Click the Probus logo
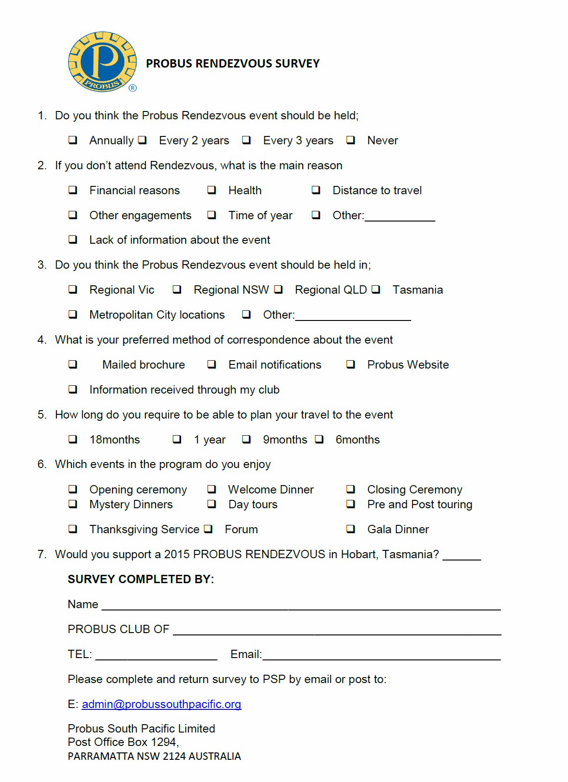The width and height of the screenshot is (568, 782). click(x=102, y=62)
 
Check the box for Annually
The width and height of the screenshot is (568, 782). click(x=73, y=140)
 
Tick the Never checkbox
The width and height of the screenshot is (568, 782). click(x=351, y=140)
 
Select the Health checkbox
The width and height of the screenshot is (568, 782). click(x=212, y=190)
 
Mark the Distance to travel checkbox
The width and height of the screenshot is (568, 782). click(x=316, y=190)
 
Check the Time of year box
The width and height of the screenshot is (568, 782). click(x=212, y=215)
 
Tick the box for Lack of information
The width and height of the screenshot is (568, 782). click(x=73, y=239)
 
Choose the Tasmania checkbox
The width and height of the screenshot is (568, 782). click(x=376, y=289)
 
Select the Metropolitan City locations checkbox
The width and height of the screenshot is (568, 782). click(x=73, y=314)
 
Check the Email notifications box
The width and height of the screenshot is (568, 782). click(x=212, y=364)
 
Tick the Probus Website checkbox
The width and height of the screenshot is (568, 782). click(x=351, y=364)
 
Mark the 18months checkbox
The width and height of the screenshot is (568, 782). click(x=73, y=439)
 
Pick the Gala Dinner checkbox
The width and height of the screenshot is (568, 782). click(x=351, y=529)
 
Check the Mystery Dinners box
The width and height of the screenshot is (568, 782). click(x=73, y=504)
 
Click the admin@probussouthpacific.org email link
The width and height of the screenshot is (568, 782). click(x=162, y=704)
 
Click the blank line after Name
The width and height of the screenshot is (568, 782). click(x=301, y=606)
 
